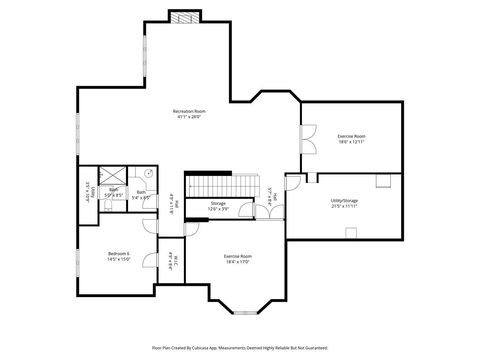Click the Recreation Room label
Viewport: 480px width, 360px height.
(189, 113)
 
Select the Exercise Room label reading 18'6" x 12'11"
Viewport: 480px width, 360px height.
(351, 138)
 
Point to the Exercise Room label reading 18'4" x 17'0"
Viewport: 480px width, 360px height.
(238, 259)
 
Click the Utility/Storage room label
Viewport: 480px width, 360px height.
(343, 203)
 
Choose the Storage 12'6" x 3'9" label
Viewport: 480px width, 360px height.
(218, 206)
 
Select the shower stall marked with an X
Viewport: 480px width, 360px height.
(112, 173)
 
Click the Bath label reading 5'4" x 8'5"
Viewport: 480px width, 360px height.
(141, 194)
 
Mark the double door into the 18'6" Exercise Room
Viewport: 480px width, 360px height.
(309, 138)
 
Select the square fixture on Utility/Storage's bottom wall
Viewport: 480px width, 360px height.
(351, 233)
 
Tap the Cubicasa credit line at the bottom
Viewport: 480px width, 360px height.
(239, 348)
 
